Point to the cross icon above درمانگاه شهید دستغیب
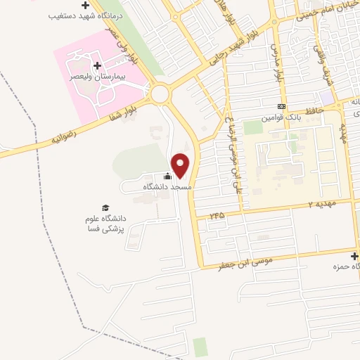pos(85,5)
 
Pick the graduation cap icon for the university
pos(105,208)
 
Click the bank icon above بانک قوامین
pos(281,108)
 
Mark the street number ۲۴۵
pos(217,215)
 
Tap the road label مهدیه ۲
pos(322,204)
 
